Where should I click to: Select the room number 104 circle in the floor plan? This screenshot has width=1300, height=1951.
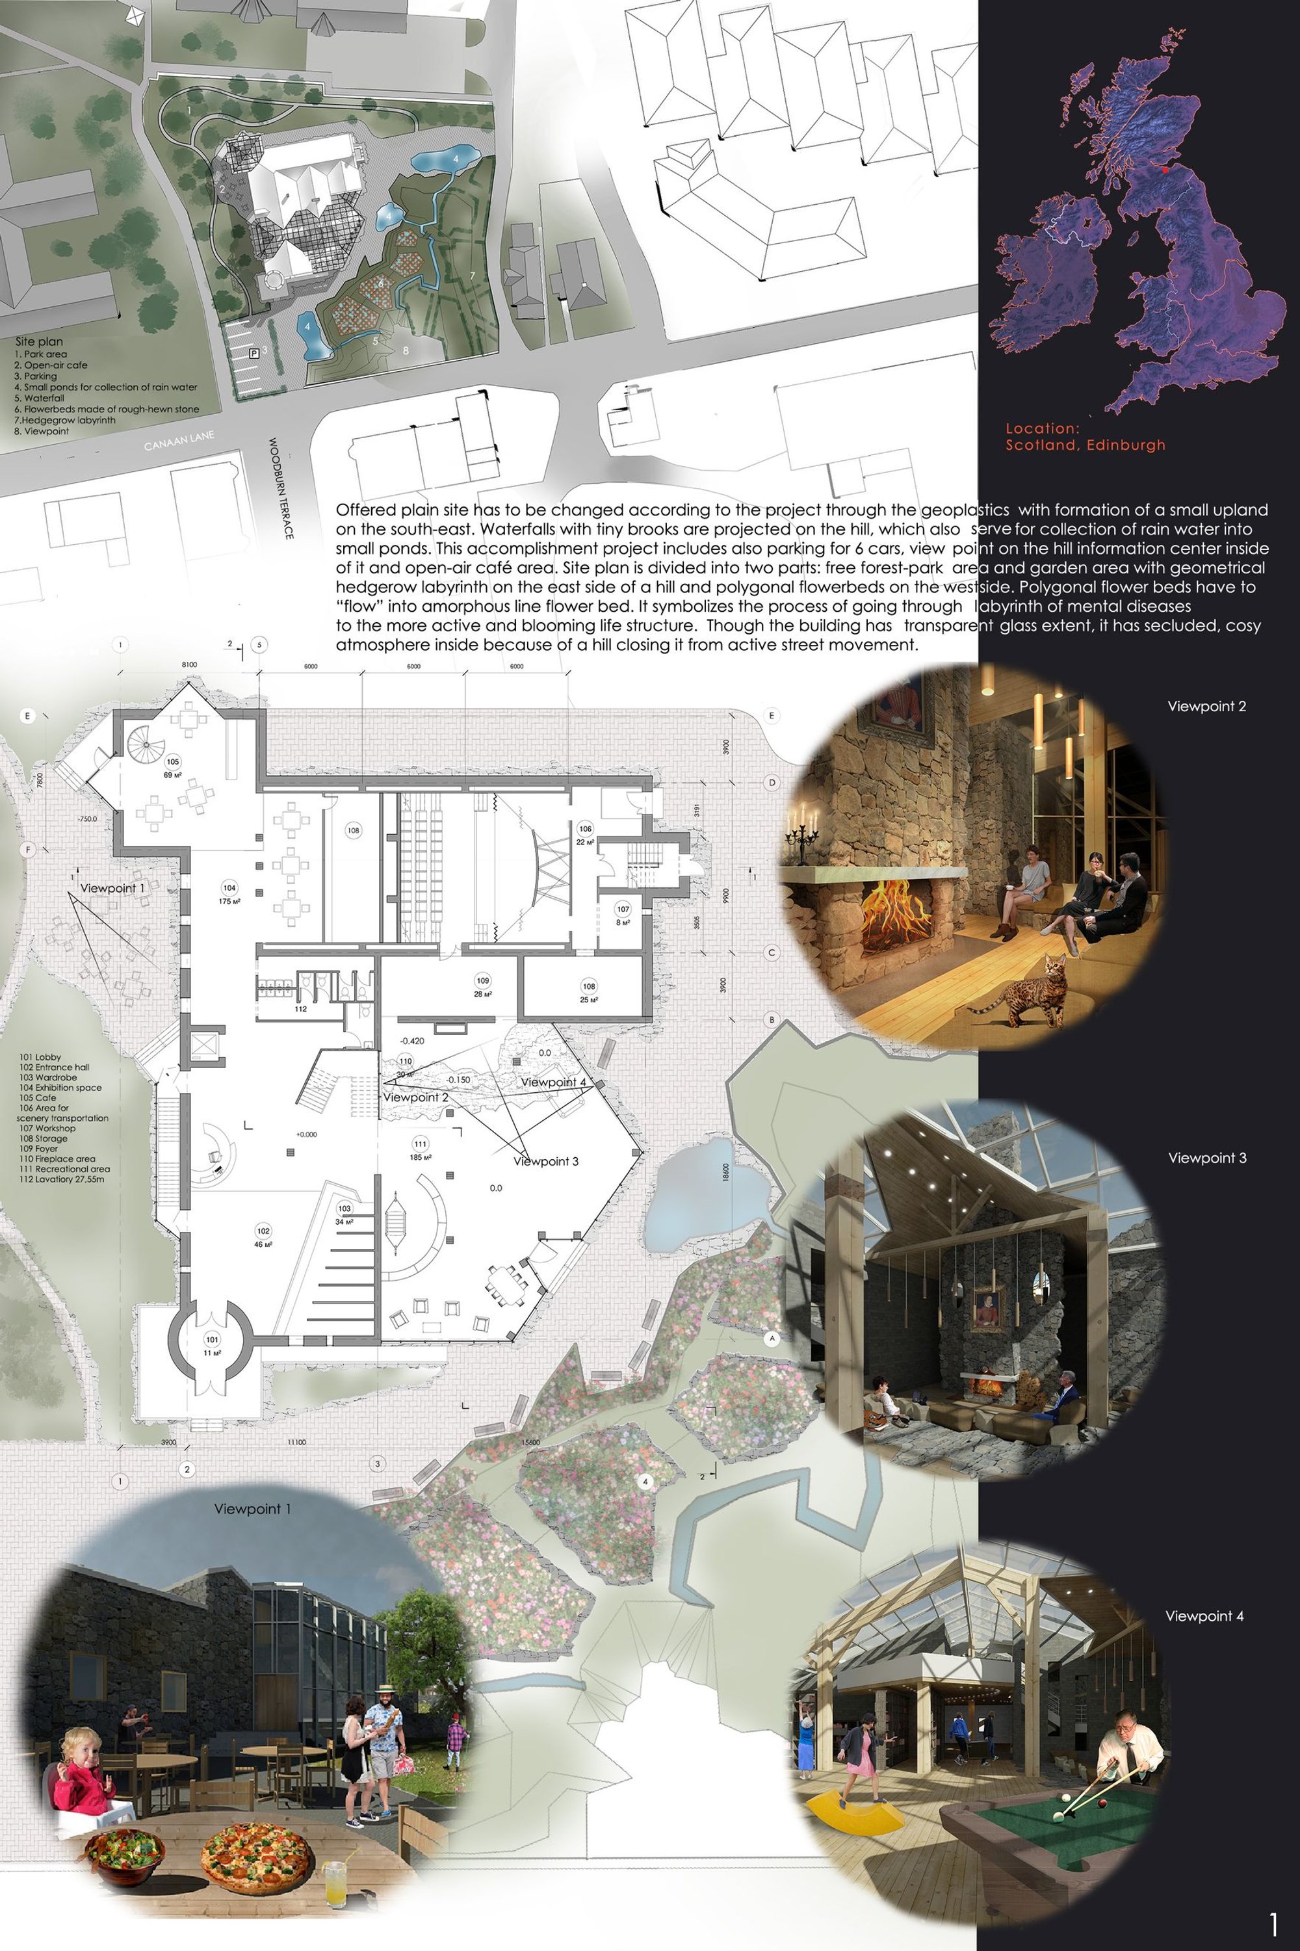tap(229, 888)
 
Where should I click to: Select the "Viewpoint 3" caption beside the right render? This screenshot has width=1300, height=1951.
tap(1207, 1157)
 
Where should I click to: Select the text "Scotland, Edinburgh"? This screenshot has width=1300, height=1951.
tap(1085, 445)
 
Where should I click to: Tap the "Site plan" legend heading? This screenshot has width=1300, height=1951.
tap(39, 341)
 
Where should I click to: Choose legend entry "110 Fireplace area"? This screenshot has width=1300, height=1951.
tap(57, 1159)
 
